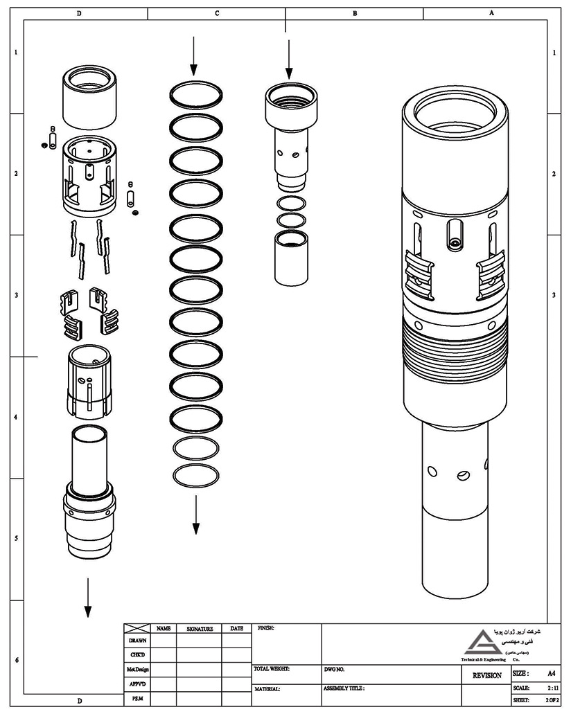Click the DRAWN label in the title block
137,641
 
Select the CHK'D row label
137,654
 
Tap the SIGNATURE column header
199,629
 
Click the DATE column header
236,629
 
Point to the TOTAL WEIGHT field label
272,670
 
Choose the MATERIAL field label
267,689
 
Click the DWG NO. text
334,670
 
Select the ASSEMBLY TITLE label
344,689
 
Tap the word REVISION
487,675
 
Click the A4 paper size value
552,673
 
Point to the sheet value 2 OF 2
552,701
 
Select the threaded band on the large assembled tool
454,346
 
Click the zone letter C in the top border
217,12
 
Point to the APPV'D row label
137,684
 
